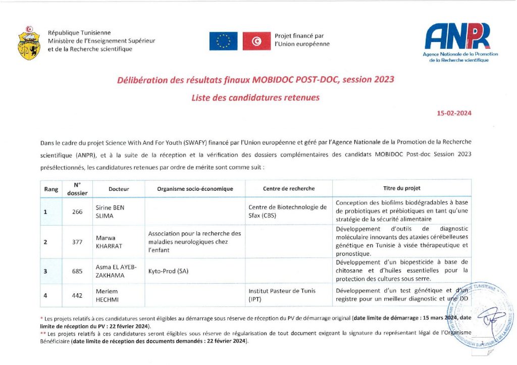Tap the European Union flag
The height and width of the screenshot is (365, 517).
pos(223,41)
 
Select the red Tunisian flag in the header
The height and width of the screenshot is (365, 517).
pos(256,41)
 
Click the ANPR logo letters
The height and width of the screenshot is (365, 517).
pos(457,36)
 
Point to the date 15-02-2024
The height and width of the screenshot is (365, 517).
pos(454,114)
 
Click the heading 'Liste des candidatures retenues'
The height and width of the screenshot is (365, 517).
pos(255,98)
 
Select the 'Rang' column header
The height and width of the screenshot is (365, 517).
pos(51,189)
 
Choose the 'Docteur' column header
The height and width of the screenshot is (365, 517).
pos(119,189)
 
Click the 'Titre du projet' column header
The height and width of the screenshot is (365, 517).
pos(402,188)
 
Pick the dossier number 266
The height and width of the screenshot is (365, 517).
pos(77,212)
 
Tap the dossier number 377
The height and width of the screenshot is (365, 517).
pos(77,242)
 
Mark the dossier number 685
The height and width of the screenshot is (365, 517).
pos(77,271)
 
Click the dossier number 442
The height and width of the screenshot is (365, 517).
pos(77,295)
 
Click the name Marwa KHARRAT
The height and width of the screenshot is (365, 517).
pos(110,241)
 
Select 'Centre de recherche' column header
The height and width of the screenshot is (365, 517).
pos(288,189)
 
